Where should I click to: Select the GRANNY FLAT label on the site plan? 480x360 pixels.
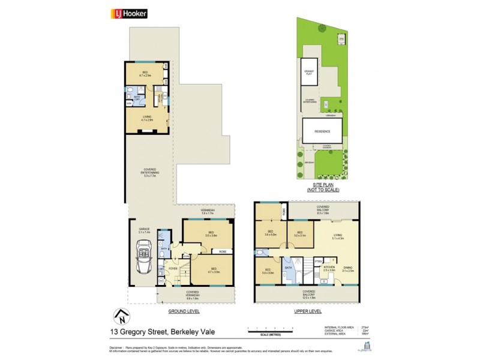[309, 73]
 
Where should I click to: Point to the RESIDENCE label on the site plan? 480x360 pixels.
[322, 130]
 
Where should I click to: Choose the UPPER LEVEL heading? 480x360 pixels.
[308, 311]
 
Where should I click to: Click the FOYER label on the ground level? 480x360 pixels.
[173, 269]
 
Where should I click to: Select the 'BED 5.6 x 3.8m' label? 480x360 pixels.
[210, 235]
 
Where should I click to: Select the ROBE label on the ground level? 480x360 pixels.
[223, 251]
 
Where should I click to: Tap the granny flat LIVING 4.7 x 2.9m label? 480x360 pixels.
[147, 118]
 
